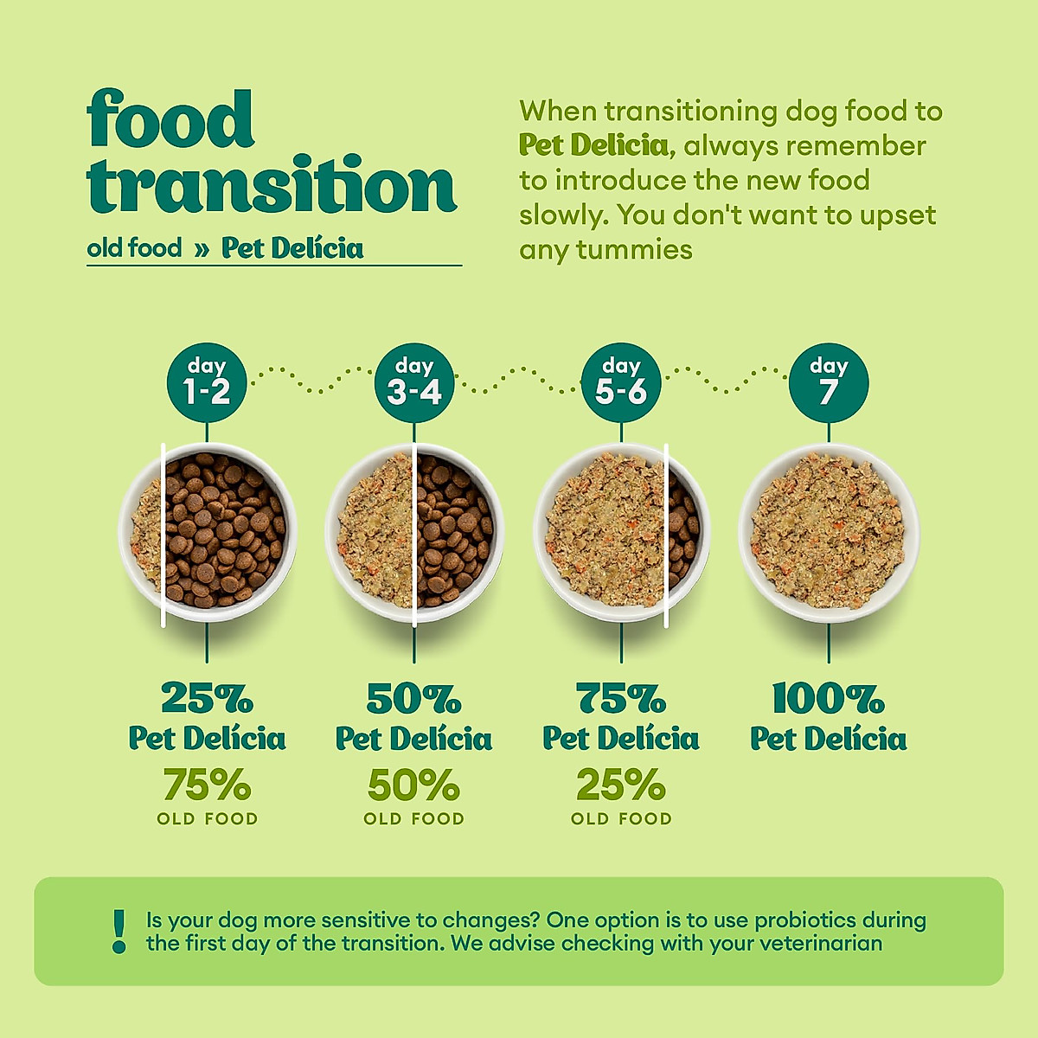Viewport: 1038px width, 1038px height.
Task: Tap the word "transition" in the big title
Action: point(271,184)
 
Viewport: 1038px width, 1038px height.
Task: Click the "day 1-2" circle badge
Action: point(207,382)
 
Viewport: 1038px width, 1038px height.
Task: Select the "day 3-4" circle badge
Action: point(414,382)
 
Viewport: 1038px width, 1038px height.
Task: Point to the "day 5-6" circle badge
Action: point(621,382)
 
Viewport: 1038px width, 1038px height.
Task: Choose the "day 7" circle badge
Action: point(828,382)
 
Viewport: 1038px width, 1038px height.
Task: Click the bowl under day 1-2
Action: point(207,532)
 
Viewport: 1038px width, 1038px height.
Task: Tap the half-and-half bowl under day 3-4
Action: point(414,532)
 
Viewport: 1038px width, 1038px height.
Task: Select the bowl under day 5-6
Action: point(621,532)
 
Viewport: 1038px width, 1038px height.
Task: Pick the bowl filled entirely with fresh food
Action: point(828,532)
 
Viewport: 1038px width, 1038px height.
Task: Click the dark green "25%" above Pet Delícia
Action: point(207,697)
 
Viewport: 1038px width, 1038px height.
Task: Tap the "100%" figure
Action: point(828,697)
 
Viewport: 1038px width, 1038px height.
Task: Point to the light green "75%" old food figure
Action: point(207,785)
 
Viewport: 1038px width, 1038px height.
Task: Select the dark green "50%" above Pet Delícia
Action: point(414,697)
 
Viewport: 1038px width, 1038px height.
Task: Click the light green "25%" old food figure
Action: point(621,785)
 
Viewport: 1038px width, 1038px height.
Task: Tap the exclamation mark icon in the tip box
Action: point(119,932)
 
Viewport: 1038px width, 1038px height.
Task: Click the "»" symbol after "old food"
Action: point(202,249)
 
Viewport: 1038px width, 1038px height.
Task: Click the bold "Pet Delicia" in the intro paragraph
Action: point(594,145)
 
